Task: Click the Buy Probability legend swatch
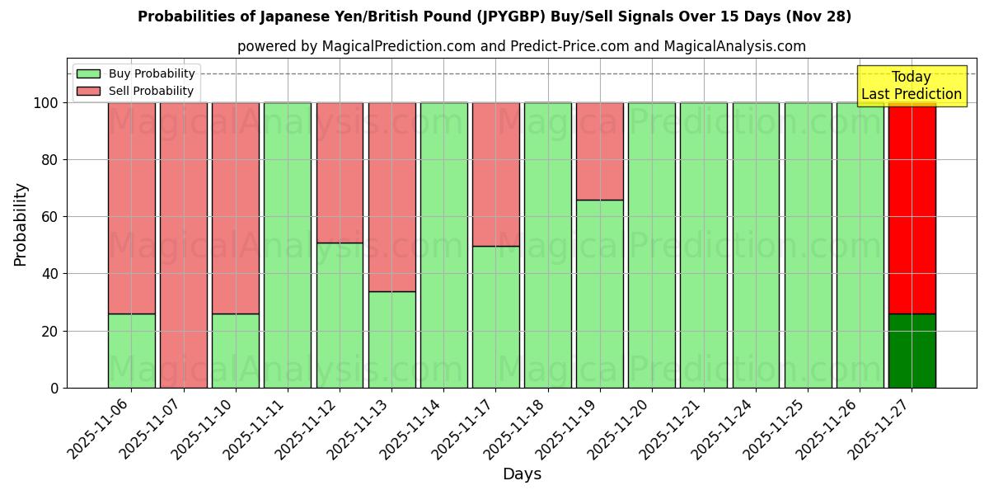[x=88, y=74]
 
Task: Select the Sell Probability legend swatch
[x=88, y=92]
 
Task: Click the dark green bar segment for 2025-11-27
[x=912, y=351]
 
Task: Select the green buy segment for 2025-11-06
[x=131, y=351]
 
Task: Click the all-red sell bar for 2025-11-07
[x=183, y=245]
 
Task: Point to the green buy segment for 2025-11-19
[x=599, y=294]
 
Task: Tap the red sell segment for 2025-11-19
[x=599, y=151]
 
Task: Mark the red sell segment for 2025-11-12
[x=340, y=172]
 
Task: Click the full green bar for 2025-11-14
[x=443, y=245]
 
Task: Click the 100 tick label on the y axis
[x=46, y=103]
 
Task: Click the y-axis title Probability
[x=21, y=224]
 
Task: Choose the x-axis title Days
[x=522, y=474]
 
